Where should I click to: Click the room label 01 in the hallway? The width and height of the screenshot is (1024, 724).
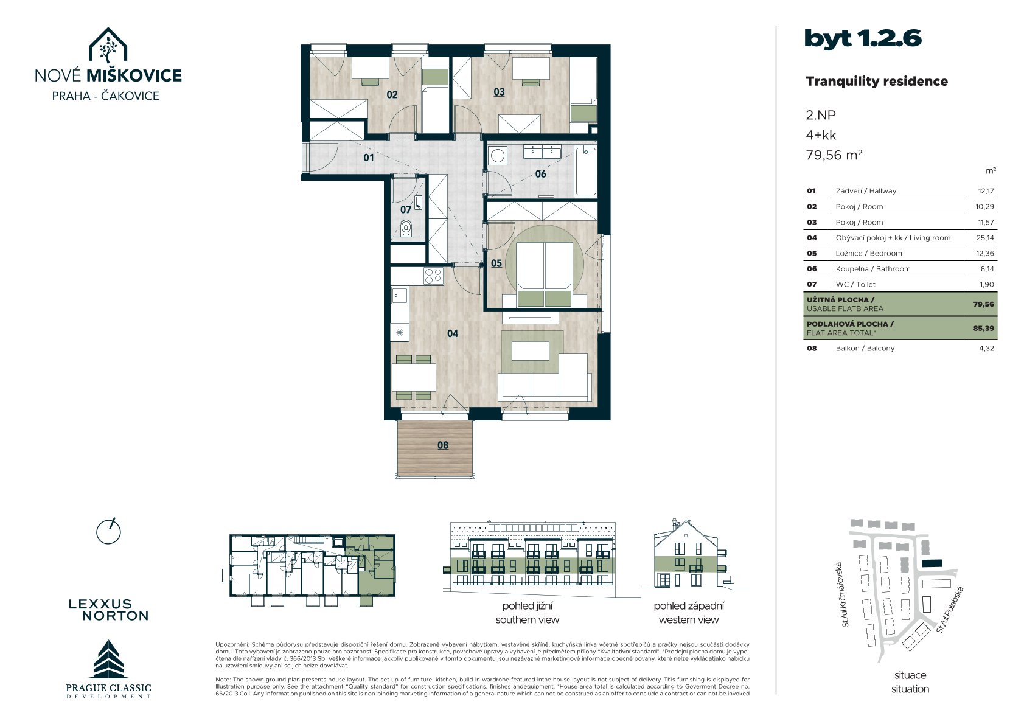click(369, 158)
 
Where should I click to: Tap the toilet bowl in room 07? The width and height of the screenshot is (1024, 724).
click(406, 227)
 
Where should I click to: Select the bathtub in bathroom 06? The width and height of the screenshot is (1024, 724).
click(585, 171)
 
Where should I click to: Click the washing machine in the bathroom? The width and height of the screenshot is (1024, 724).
click(497, 156)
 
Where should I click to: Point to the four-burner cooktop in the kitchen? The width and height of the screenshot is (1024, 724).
click(433, 276)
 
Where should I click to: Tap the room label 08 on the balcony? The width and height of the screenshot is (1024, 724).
click(442, 445)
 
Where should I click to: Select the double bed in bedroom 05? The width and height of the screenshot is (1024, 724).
click(544, 274)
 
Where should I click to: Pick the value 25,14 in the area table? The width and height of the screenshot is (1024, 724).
click(984, 238)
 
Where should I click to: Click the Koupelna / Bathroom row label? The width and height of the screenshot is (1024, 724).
click(872, 269)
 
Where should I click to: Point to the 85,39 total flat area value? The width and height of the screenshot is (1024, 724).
click(983, 328)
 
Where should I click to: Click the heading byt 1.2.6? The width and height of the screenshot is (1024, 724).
click(863, 38)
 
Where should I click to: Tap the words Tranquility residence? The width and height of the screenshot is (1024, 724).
click(876, 82)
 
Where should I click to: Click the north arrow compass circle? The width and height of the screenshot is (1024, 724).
click(108, 532)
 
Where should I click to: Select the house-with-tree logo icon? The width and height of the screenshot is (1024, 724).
click(108, 45)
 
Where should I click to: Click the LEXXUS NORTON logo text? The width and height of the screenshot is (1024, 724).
click(109, 610)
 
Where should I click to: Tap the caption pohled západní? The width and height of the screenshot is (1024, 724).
click(689, 606)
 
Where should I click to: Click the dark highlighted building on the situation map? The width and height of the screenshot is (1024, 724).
click(932, 563)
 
